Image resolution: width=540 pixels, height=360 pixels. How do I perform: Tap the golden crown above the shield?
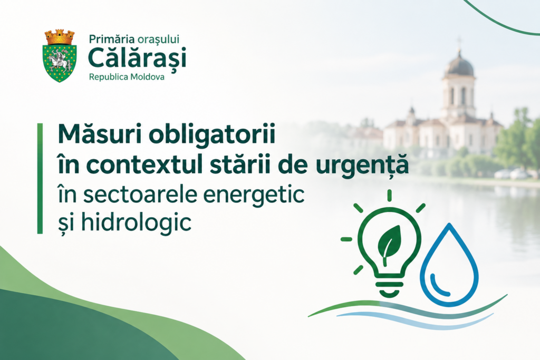click(x=60, y=37)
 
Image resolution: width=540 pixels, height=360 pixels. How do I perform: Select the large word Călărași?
click(x=137, y=58)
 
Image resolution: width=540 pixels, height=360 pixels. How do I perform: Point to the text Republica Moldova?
click(x=127, y=77)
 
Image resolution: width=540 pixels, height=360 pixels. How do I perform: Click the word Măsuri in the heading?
click(x=100, y=134)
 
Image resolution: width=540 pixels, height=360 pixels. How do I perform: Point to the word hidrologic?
click(x=136, y=222)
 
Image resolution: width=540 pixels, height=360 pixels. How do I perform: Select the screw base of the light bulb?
click(x=389, y=287)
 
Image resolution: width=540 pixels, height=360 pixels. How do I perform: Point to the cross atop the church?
click(x=459, y=42)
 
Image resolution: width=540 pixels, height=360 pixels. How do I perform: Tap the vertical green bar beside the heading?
click(x=40, y=179)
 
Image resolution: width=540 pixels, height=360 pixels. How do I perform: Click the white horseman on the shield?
click(x=59, y=61)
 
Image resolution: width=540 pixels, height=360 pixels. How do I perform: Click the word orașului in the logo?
click(x=158, y=40)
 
